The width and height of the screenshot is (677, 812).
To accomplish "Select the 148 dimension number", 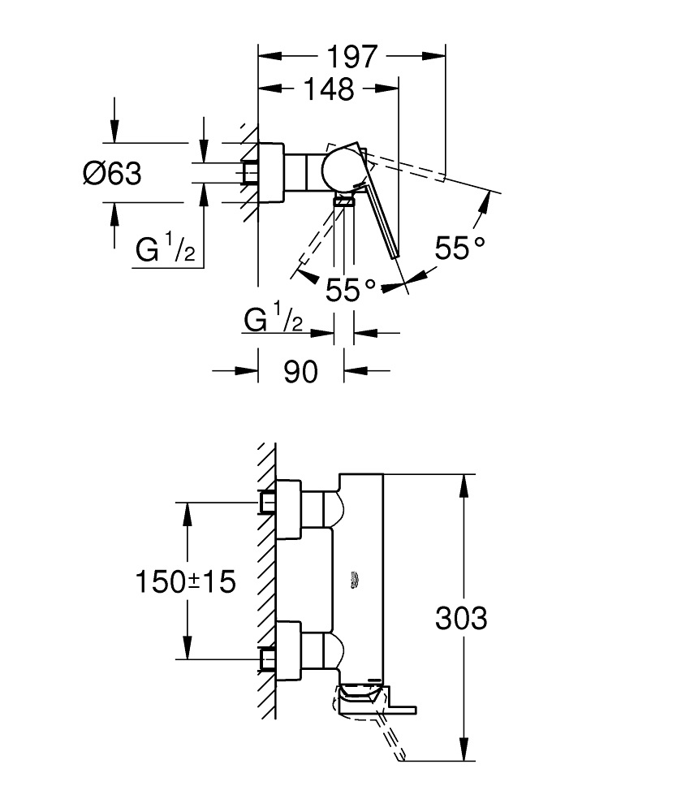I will point(329,89).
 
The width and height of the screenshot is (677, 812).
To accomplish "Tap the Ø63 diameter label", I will point(111,173).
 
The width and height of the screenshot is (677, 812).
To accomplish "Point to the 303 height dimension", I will point(461,618).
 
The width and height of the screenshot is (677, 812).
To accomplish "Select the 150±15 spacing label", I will point(185,581).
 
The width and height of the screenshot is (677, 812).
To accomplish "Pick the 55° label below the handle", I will point(351,289).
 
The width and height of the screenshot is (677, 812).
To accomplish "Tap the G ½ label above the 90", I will point(274,321).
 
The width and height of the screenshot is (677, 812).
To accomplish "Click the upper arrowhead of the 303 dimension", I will point(464,486).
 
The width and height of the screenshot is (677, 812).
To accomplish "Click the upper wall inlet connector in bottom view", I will point(267,502).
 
